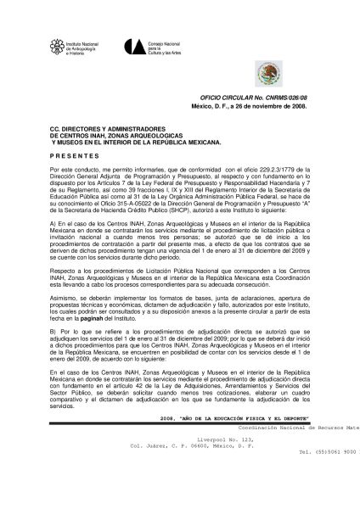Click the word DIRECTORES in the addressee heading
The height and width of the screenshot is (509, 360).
click(x=81, y=130)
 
